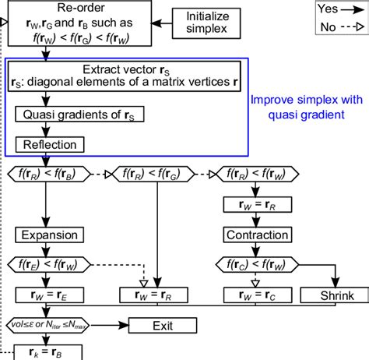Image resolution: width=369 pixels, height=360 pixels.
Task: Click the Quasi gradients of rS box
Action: [67, 114]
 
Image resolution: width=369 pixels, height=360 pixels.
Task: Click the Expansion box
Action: [47, 235]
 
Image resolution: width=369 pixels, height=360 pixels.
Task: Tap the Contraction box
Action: [256, 235]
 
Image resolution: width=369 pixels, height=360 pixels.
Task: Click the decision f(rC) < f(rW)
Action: [256, 265]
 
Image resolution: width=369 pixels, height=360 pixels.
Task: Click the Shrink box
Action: [337, 295]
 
